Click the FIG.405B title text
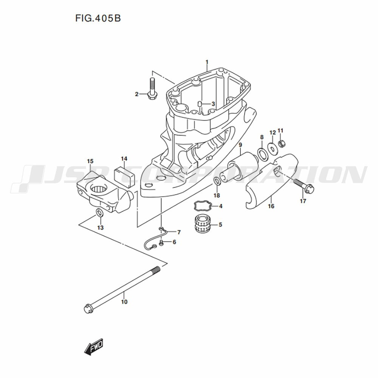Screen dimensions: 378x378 (98, 18)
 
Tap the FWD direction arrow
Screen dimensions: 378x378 (93, 347)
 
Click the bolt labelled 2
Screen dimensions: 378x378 (152, 88)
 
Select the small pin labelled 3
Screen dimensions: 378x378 (200, 104)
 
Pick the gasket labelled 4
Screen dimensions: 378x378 (203, 206)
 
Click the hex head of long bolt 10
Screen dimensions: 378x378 (88, 308)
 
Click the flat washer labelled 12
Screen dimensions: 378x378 (273, 149)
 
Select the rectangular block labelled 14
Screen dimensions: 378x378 (124, 175)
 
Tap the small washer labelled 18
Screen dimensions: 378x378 (217, 181)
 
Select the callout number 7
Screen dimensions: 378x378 (179, 232)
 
